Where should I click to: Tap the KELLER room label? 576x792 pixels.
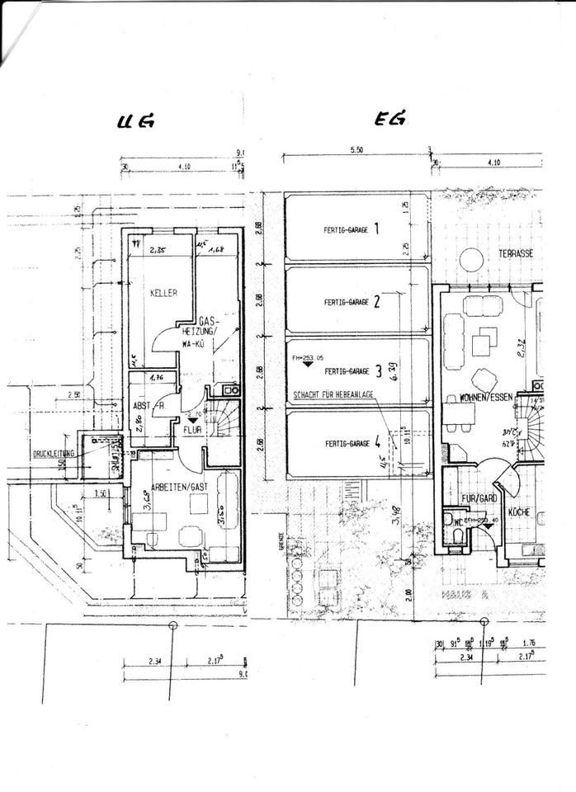[164, 293]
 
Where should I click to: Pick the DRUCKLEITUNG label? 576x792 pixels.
[54, 453]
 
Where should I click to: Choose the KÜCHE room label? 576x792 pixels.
[518, 511]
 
